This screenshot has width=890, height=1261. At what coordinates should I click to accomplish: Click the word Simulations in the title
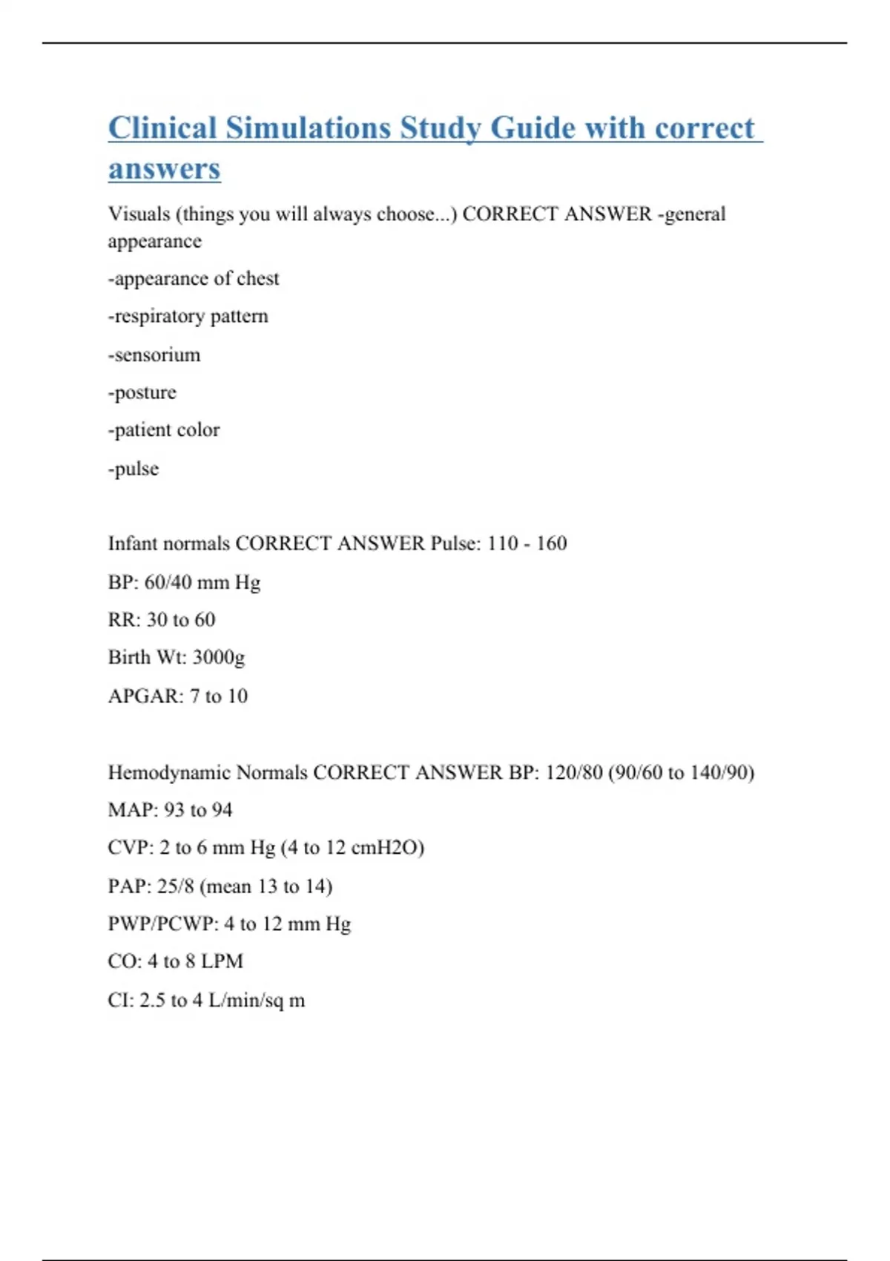coord(309,128)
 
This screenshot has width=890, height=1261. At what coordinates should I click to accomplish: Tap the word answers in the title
coord(164,168)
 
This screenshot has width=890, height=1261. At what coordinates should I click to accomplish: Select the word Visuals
coord(139,214)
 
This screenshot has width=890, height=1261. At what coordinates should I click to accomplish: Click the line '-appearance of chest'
coord(194,278)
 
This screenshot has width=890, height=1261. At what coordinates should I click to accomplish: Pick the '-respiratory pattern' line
coord(188,316)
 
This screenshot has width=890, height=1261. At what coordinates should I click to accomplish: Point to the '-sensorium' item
coord(154,355)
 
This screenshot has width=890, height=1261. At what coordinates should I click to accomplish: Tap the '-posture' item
coord(142,392)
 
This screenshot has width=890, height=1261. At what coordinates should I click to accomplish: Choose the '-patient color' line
coord(164,430)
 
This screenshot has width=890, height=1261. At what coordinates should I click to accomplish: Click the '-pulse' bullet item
coord(133,469)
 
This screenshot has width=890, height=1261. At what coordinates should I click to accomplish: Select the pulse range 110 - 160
coord(527,544)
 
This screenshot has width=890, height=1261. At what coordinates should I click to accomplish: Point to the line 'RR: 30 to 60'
coord(162,619)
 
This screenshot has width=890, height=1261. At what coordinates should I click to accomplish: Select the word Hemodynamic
coord(169,773)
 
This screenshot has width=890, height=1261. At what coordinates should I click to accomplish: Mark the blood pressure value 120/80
coord(573,773)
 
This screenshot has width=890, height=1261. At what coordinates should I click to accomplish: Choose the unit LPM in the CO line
coord(222,961)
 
